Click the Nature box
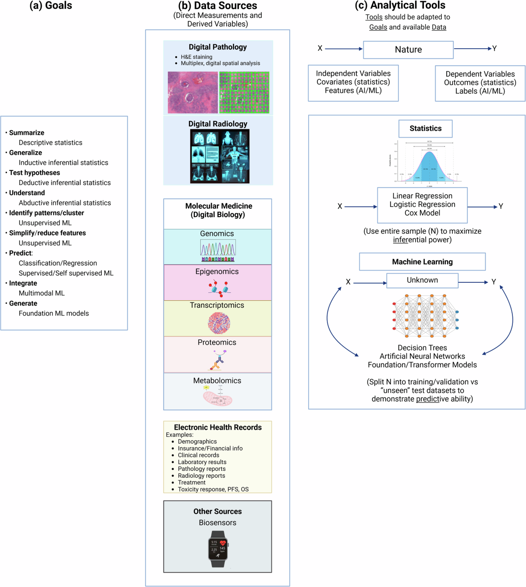pyautogui.click(x=408, y=50)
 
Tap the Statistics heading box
pyautogui.click(x=425, y=128)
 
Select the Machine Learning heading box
pyautogui.click(x=422, y=262)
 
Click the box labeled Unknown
pyautogui.click(x=422, y=280)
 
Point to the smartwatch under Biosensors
pyautogui.click(x=218, y=548)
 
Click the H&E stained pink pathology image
pyautogui.click(x=192, y=92)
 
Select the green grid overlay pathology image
pyautogui.click(x=244, y=92)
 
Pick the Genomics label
pyautogui.click(x=217, y=234)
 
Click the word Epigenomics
pyautogui.click(x=217, y=271)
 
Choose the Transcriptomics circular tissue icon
pyautogui.click(x=219, y=323)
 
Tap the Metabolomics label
pyautogui.click(x=217, y=381)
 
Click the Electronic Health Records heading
pyautogui.click(x=218, y=427)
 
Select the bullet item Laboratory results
pyautogui.click(x=202, y=462)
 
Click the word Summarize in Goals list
pyautogui.click(x=27, y=133)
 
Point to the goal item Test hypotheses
pyautogui.click(x=35, y=173)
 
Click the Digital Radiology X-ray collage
pyautogui.click(x=220, y=156)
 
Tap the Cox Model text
pyautogui.click(x=422, y=213)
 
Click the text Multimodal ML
pyautogui.click(x=42, y=293)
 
